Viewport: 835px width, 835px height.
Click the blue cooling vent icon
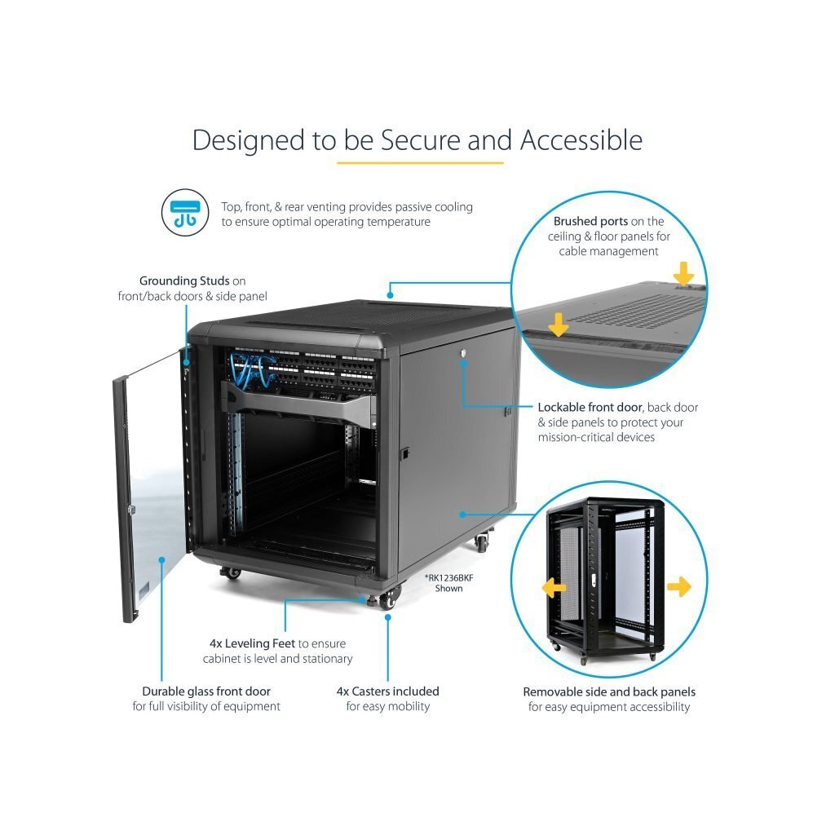coord(185,213)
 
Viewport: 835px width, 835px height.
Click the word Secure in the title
coord(420,140)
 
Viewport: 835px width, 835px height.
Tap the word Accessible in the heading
coord(581,140)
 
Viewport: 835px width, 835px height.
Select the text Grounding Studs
coord(184,281)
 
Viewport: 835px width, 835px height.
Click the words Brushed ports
coord(590,221)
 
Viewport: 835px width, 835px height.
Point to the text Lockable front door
coord(590,408)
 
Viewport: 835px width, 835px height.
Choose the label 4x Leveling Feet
coord(253,643)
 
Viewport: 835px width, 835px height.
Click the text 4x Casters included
coord(387,691)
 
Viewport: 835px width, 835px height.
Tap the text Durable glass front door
coord(206,691)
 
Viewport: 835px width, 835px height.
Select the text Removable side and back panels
coord(609,691)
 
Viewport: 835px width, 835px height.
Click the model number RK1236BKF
coord(449,578)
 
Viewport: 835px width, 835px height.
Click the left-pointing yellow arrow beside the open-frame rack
coord(554,587)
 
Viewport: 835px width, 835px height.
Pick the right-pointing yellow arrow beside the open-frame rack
coord(679,587)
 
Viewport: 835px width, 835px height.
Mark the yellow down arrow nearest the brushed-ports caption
coord(683,273)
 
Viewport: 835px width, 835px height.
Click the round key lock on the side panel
coord(463,352)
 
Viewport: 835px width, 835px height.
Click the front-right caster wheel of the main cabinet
coord(390,599)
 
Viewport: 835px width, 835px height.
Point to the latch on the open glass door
coord(131,510)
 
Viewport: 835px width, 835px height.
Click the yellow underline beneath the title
coord(420,162)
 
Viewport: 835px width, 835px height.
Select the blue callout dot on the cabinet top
coord(391,295)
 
